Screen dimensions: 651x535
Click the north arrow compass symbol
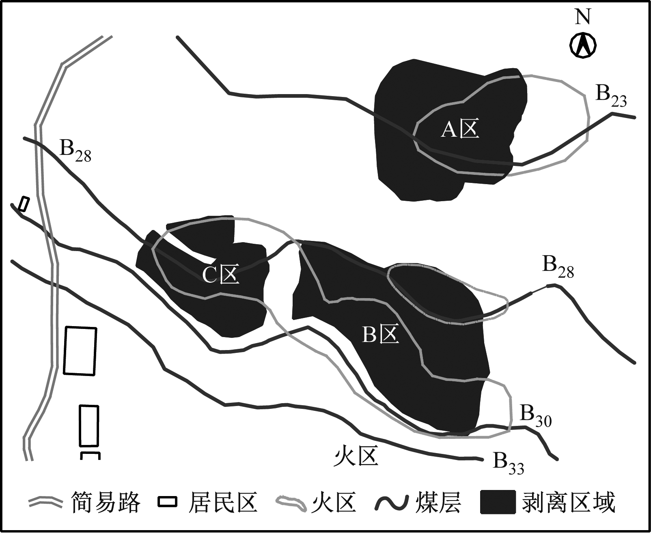click(x=583, y=45)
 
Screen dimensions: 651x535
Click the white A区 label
click(x=460, y=129)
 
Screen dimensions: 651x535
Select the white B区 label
click(x=380, y=335)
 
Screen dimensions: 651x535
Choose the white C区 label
click(x=221, y=275)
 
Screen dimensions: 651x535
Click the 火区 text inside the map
click(x=356, y=456)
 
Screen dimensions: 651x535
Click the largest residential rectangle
click(x=80, y=351)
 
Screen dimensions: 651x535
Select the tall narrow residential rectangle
click(x=89, y=426)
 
